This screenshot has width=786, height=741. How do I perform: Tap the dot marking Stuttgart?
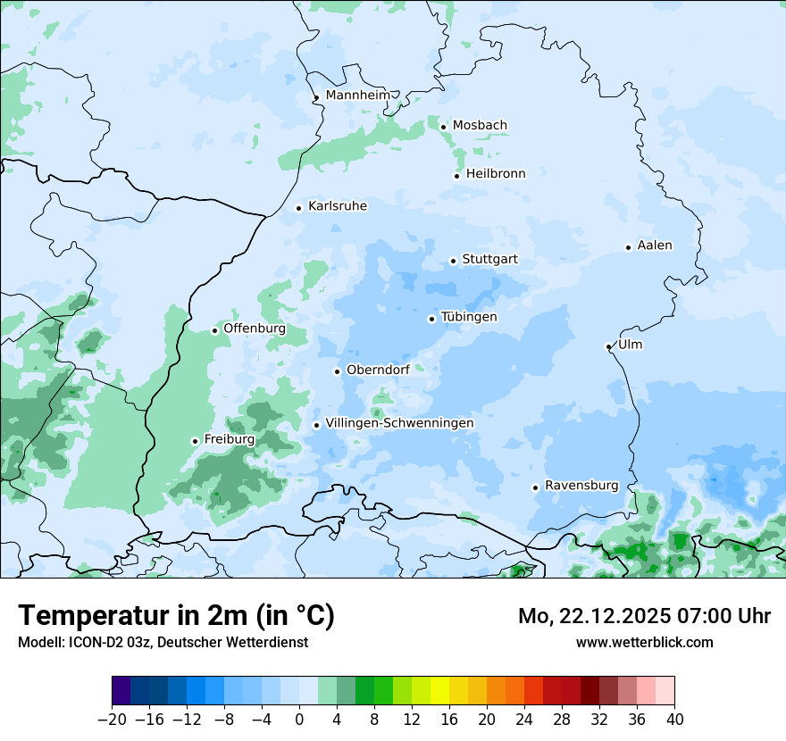pyautogui.click(x=453, y=261)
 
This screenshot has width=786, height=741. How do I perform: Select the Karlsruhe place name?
pyautogui.click(x=338, y=206)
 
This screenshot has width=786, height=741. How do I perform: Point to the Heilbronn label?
pyautogui.click(x=496, y=174)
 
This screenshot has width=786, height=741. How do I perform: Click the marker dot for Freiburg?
pyautogui.click(x=195, y=441)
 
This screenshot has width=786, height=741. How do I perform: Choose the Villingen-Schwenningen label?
pyautogui.click(x=399, y=423)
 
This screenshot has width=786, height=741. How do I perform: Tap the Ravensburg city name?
pyautogui.click(x=581, y=486)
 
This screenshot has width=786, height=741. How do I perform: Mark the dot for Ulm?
pyautogui.click(x=608, y=346)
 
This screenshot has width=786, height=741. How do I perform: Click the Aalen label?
pyautogui.click(x=655, y=246)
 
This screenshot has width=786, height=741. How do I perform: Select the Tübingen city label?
pyautogui.click(x=469, y=317)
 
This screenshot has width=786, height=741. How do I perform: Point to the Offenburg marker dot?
pyautogui.click(x=214, y=330)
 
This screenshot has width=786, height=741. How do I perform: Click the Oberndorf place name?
pyautogui.click(x=378, y=370)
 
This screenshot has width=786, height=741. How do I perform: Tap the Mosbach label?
pyautogui.click(x=480, y=126)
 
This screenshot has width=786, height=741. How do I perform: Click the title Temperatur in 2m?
pyautogui.click(x=176, y=615)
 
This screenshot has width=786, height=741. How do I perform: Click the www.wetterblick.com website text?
pyautogui.click(x=644, y=642)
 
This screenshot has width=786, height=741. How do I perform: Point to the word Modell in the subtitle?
pyautogui.click(x=39, y=642)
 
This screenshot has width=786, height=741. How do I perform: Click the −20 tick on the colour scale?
pyautogui.click(x=112, y=720)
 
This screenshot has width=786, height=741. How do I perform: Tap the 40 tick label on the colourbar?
pyautogui.click(x=674, y=720)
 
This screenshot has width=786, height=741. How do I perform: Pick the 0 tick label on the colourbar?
pyautogui.click(x=299, y=720)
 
